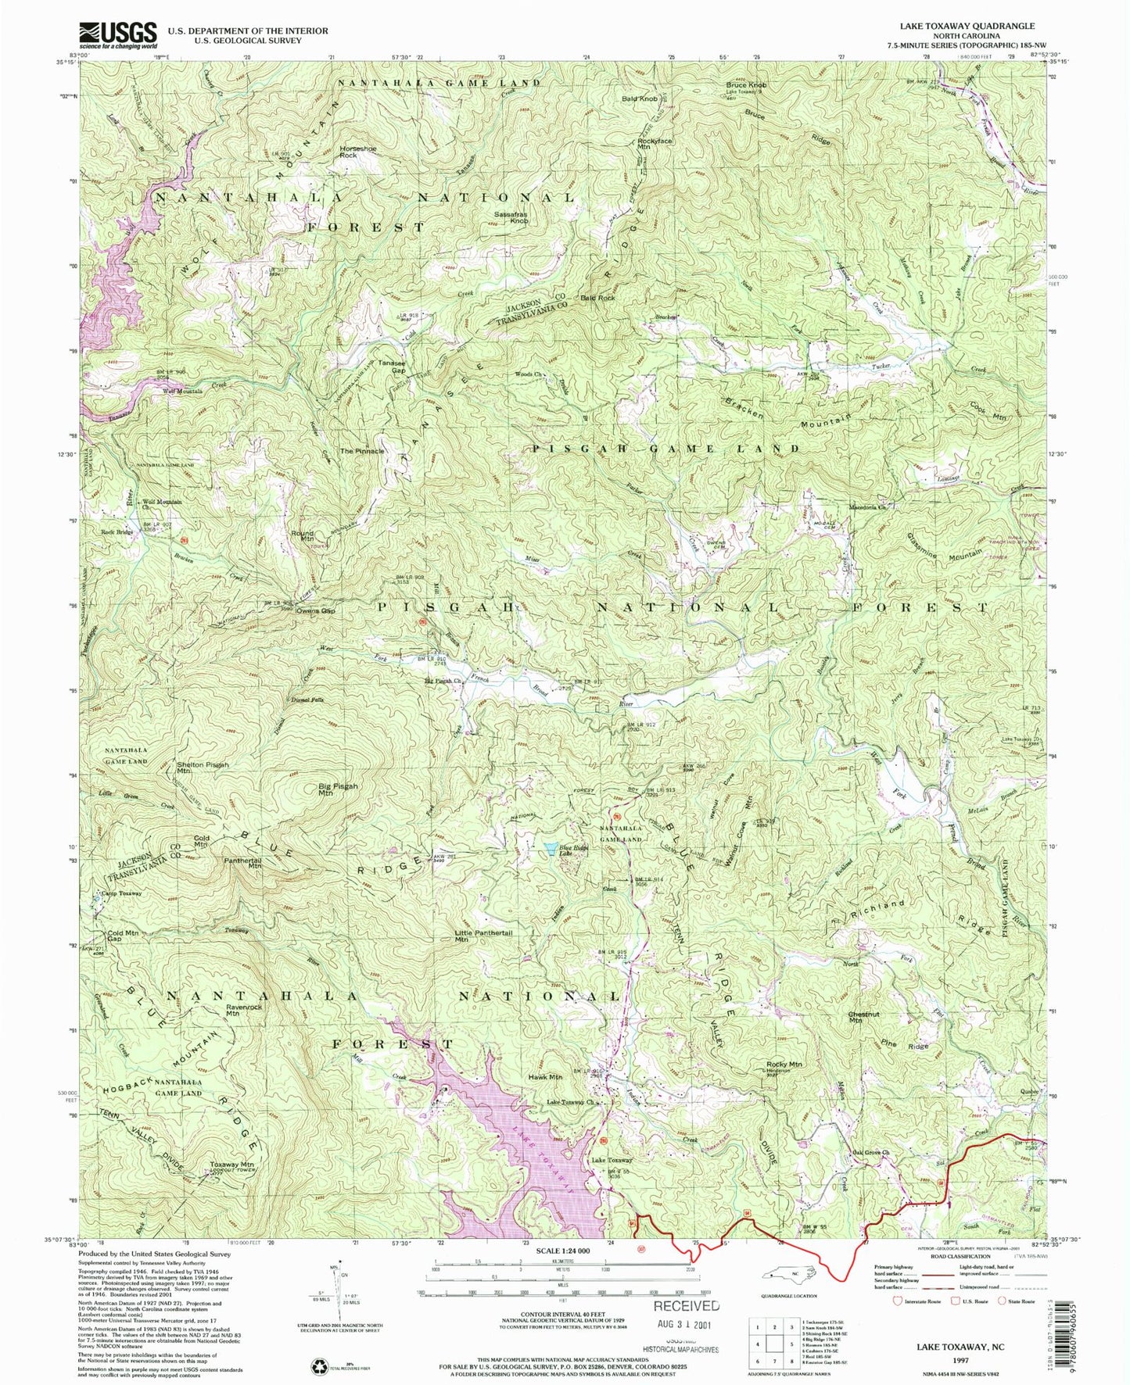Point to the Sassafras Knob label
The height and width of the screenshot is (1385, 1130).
pyautogui.click(x=511, y=217)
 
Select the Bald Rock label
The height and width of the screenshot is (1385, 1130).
pyautogui.click(x=597, y=298)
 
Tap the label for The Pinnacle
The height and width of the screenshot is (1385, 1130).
pyautogui.click(x=362, y=451)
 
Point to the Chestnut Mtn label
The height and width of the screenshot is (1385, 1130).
pyautogui.click(x=864, y=1017)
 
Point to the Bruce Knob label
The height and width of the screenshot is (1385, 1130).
pyautogui.click(x=746, y=84)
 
